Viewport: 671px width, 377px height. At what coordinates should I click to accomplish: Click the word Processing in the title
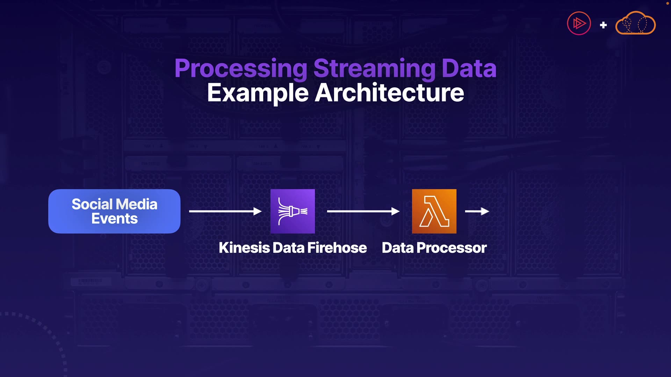pyautogui.click(x=241, y=68)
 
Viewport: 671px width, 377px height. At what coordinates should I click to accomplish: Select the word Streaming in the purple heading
pyautogui.click(x=374, y=68)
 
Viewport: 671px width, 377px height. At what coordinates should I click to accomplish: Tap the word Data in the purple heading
pyautogui.click(x=469, y=68)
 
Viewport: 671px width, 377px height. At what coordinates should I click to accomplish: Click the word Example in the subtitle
pyautogui.click(x=258, y=93)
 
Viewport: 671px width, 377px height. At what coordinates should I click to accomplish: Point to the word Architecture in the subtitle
pyautogui.click(x=389, y=93)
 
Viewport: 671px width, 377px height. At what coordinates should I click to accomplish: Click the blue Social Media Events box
pyautogui.click(x=114, y=211)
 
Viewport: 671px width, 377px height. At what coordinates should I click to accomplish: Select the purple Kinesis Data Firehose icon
pyautogui.click(x=293, y=211)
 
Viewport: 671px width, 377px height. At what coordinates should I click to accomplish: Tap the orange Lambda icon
pyautogui.click(x=434, y=211)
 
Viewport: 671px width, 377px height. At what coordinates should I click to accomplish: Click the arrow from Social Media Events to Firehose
pyautogui.click(x=225, y=211)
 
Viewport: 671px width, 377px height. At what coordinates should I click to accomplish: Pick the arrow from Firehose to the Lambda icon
pyautogui.click(x=363, y=211)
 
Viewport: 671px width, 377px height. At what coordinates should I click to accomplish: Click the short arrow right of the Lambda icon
pyautogui.click(x=477, y=211)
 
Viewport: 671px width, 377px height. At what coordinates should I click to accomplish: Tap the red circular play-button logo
pyautogui.click(x=579, y=23)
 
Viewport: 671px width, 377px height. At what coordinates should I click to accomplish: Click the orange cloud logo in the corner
pyautogui.click(x=635, y=23)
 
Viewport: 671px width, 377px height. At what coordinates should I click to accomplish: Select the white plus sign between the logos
pyautogui.click(x=603, y=25)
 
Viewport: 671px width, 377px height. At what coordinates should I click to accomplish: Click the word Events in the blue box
pyautogui.click(x=114, y=219)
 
